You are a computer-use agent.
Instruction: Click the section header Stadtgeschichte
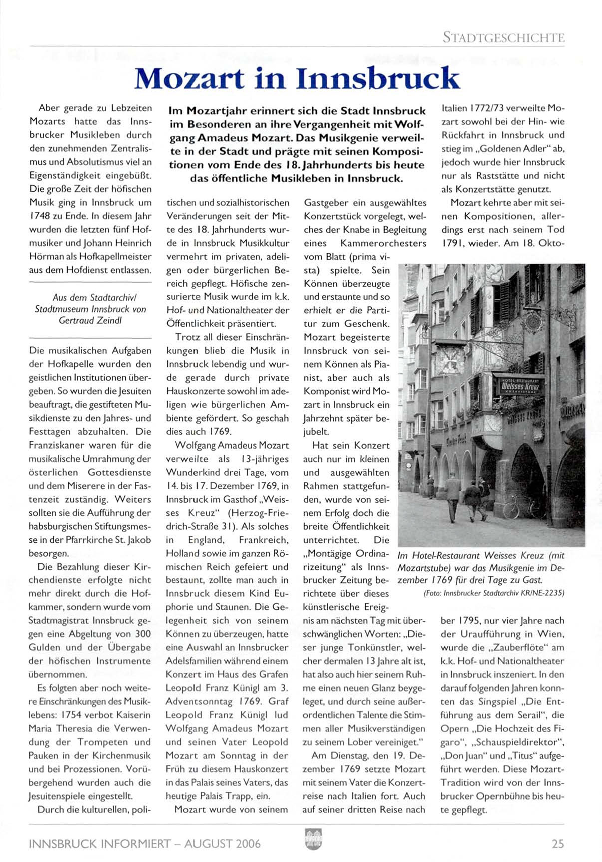(503, 37)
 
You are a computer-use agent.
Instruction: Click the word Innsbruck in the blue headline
(377, 79)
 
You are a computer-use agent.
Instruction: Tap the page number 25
(558, 843)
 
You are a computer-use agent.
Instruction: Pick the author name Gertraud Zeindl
(90, 321)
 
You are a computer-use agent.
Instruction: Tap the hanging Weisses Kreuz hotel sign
(519, 385)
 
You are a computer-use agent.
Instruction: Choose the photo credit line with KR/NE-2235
(494, 593)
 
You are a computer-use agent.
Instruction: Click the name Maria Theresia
(66, 728)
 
